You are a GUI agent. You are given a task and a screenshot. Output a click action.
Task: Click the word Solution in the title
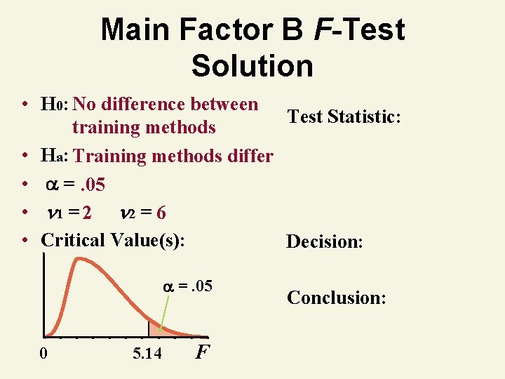(x=252, y=66)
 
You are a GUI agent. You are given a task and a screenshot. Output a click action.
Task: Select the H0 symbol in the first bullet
(x=53, y=105)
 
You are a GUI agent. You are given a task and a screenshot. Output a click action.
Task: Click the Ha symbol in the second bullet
(x=54, y=157)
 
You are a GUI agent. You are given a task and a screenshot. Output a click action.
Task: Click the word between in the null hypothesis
(x=222, y=105)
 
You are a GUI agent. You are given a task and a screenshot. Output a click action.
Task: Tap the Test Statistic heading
(x=344, y=117)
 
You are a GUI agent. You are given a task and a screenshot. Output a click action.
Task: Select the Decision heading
(x=324, y=242)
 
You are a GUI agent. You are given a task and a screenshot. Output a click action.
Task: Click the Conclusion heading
(x=337, y=298)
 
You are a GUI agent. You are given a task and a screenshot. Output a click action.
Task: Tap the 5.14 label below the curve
(x=147, y=353)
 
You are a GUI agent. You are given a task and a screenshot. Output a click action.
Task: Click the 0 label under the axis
(x=44, y=353)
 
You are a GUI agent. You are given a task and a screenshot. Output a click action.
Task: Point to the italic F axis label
(x=202, y=351)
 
